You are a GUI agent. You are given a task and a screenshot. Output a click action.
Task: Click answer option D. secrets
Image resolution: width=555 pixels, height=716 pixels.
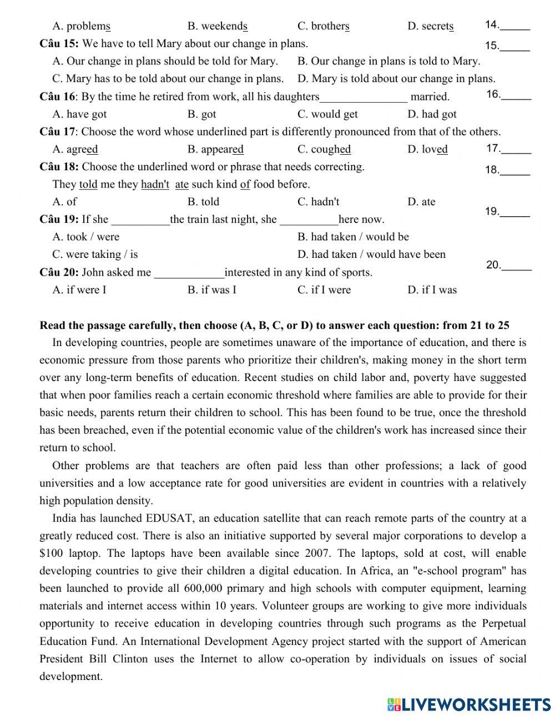tap(430, 26)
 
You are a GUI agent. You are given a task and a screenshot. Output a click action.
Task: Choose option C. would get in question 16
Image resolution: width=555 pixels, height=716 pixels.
tap(327, 114)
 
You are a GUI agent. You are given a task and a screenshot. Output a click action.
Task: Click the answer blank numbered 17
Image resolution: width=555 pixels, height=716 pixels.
tap(516, 149)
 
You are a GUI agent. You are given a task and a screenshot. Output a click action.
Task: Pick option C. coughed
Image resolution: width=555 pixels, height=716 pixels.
tap(324, 149)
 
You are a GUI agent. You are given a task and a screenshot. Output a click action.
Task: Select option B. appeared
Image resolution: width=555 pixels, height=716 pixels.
tap(215, 149)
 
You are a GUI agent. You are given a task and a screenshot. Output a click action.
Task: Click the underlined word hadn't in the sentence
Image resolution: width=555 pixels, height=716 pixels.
tap(155, 185)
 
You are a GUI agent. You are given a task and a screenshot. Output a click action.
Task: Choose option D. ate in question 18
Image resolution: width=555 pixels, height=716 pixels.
tap(421, 202)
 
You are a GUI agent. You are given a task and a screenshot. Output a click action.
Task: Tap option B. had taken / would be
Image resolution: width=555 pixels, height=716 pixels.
tap(353, 237)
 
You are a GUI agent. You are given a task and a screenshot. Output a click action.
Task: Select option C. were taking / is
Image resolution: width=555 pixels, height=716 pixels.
tap(95, 255)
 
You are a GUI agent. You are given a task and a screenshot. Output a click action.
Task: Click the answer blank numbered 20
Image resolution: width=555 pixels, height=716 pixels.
tap(516, 266)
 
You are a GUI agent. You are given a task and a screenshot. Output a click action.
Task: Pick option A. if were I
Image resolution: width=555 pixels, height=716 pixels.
tap(79, 290)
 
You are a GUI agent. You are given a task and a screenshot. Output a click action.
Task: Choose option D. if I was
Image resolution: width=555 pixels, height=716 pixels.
tap(432, 290)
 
